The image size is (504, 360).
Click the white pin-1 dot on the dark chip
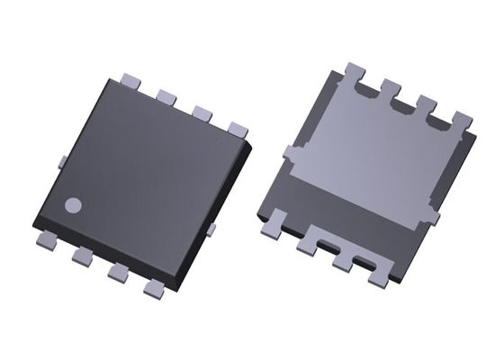point(74,204)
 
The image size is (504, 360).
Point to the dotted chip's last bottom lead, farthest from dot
point(155,288)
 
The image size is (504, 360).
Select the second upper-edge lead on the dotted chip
point(164,94)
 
